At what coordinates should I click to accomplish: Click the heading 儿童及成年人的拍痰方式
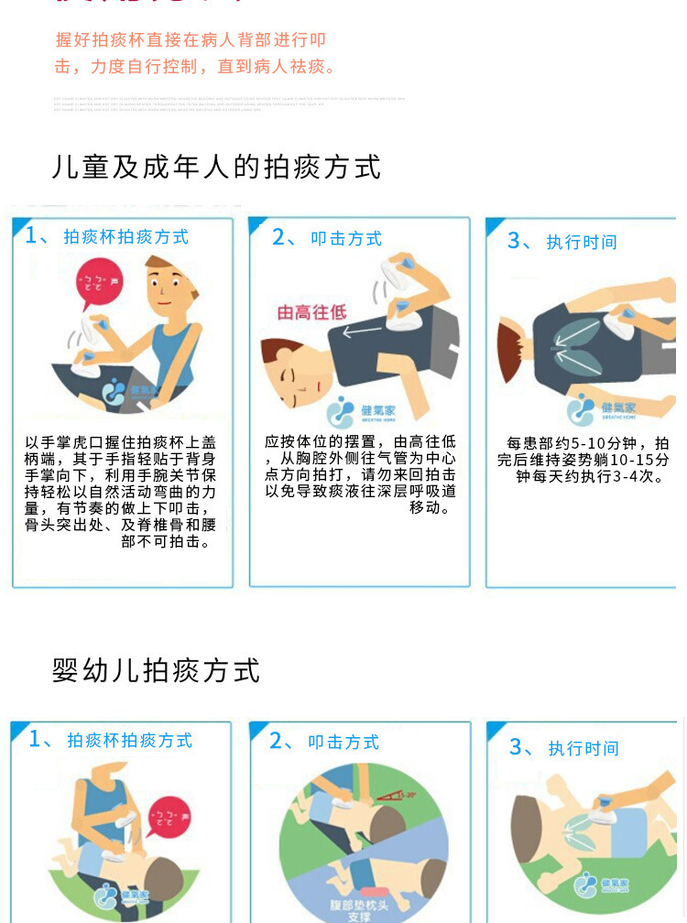[217, 168]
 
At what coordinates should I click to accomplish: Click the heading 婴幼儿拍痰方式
[157, 669]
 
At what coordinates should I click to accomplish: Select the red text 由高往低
[312, 312]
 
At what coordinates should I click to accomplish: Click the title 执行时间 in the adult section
[582, 243]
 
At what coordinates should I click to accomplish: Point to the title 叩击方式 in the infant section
[343, 743]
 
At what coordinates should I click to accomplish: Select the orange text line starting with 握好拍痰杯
[191, 40]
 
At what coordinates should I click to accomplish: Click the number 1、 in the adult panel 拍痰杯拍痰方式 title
[39, 236]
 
